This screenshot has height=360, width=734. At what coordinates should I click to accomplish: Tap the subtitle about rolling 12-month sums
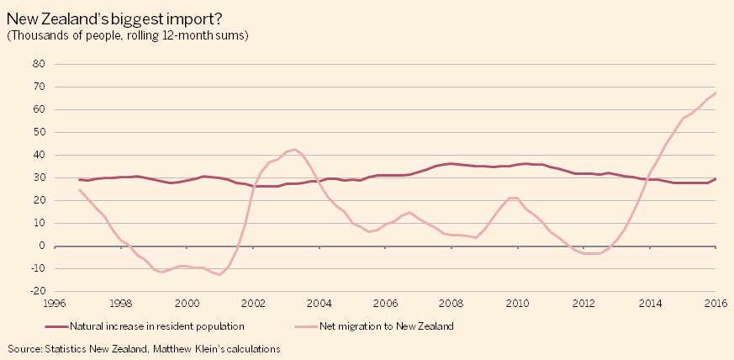pyautogui.click(x=128, y=35)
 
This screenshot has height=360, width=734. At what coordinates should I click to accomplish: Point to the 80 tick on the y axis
pyautogui.click(x=36, y=64)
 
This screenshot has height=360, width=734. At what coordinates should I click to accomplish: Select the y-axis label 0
pyautogui.click(x=40, y=246)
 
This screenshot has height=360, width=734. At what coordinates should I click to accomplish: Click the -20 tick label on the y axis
pyautogui.click(x=34, y=291)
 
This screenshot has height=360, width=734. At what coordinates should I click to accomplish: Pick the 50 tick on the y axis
pyautogui.click(x=36, y=132)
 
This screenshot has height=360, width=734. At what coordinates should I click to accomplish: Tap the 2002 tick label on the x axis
pyautogui.click(x=252, y=304)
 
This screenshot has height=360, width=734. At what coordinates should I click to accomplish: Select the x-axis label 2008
pyautogui.click(x=451, y=304)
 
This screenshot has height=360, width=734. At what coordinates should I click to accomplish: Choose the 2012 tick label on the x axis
pyautogui.click(x=584, y=304)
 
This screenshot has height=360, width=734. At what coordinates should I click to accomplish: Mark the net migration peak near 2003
pyautogui.click(x=293, y=150)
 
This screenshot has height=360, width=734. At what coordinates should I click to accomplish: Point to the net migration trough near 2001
pyautogui.click(x=219, y=274)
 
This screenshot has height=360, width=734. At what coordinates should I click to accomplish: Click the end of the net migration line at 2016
pyautogui.click(x=716, y=93)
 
